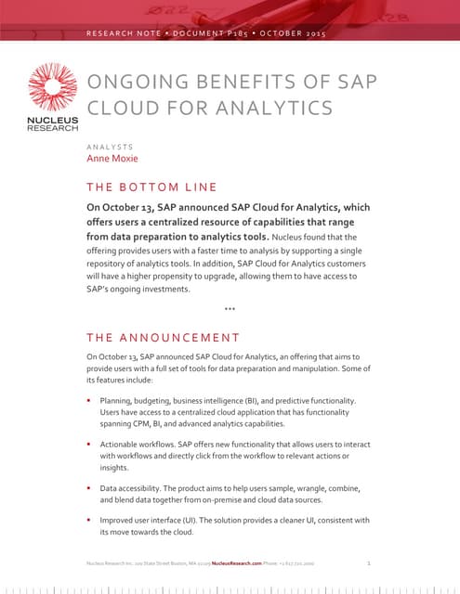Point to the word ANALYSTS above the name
(110, 145)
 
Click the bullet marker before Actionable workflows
(90, 445)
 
